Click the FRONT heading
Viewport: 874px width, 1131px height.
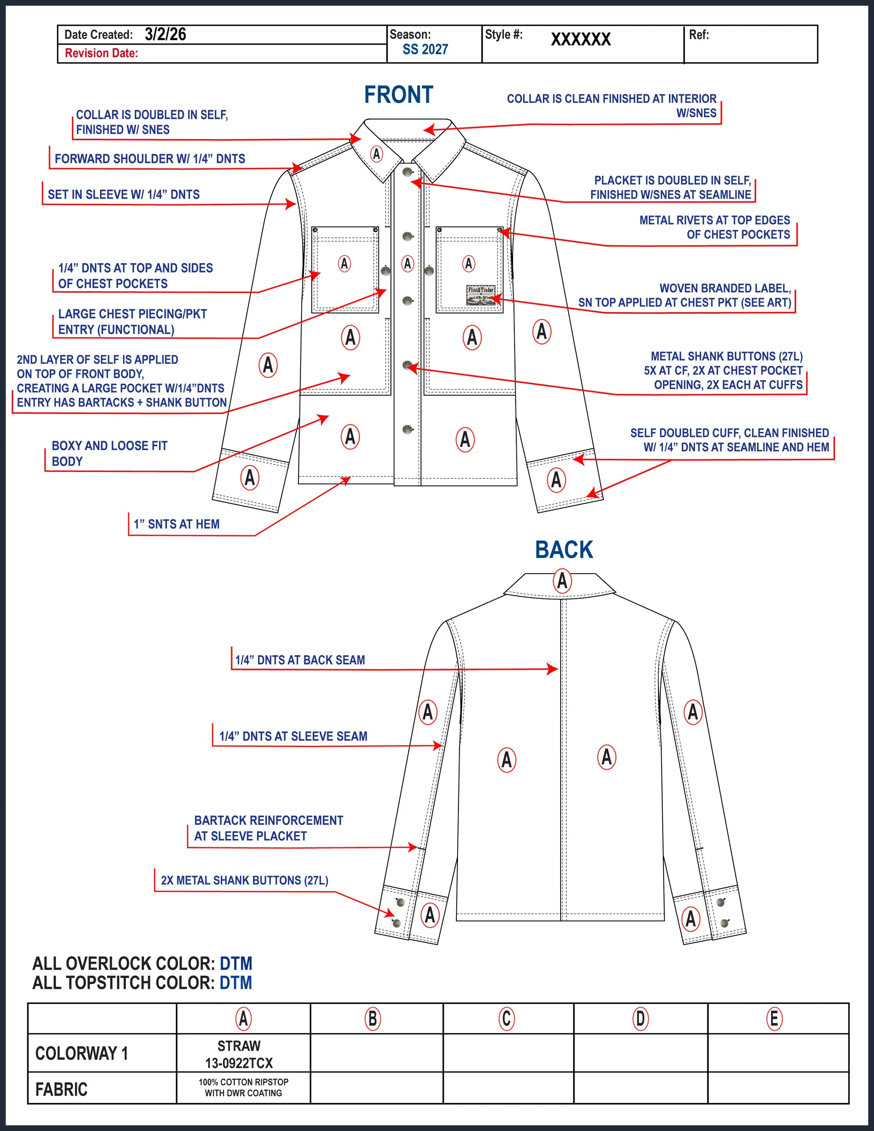398,95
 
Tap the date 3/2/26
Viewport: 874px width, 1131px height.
165,35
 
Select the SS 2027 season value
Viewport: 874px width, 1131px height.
425,50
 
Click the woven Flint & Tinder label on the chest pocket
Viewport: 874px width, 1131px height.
480,295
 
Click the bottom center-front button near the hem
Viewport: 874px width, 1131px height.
408,429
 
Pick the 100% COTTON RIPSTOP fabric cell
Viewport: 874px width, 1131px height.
243,1088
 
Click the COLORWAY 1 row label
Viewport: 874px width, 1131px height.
81,1053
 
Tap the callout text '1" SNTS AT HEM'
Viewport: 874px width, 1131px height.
177,524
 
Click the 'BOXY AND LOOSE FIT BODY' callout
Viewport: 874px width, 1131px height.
109,453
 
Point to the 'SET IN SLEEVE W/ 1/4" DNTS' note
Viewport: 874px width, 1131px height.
124,195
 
